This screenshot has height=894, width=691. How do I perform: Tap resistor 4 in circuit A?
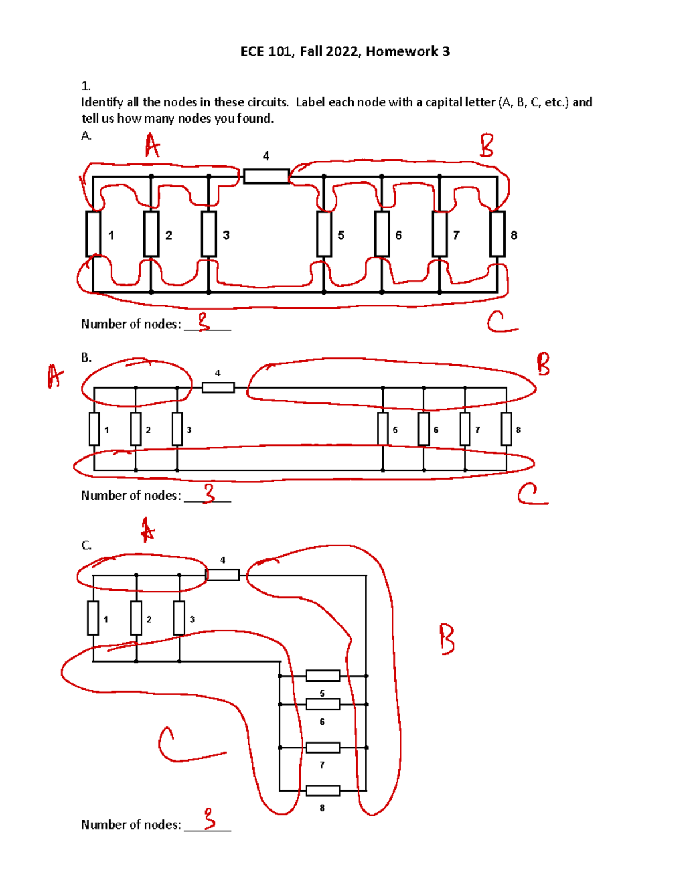[x=266, y=176]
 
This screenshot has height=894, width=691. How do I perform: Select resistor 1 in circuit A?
[x=93, y=234]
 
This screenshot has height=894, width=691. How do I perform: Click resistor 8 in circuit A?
[x=497, y=234]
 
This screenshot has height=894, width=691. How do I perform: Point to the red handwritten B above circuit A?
[x=487, y=145]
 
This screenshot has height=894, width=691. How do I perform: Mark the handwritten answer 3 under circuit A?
[x=204, y=321]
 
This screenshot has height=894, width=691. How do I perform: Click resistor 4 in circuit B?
[x=218, y=387]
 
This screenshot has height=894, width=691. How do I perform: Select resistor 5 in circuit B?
[x=383, y=429]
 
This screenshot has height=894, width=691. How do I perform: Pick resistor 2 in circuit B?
[x=136, y=429]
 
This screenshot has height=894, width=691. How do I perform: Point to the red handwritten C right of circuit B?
[x=531, y=494]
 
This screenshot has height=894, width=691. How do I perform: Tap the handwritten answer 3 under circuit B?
[x=209, y=493]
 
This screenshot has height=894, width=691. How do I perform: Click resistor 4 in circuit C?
[x=222, y=575]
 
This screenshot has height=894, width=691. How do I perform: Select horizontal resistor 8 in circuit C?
[x=322, y=790]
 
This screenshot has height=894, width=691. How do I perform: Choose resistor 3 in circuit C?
[x=179, y=618]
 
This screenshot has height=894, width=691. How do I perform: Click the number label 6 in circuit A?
[x=398, y=235]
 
